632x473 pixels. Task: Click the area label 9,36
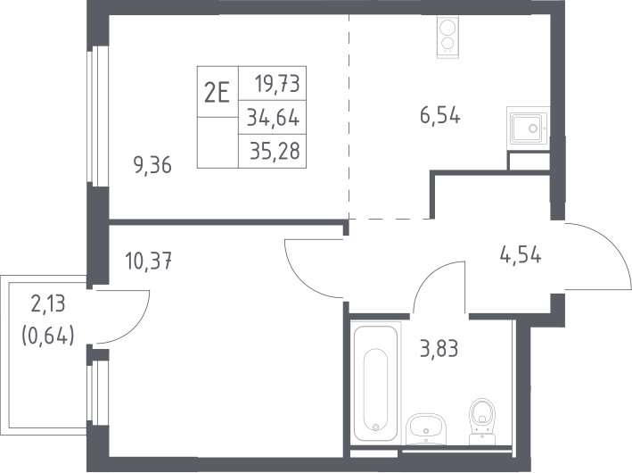pos(152,165)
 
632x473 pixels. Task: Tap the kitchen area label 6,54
pos(440,116)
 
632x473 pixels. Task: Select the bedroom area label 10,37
pos(149,261)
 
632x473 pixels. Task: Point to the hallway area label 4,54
pos(521,255)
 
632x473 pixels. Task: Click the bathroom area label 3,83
pos(439,349)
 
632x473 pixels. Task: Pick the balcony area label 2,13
pos(48,303)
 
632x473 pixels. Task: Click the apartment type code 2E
pos(217,93)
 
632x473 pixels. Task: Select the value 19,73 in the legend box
pos(277,85)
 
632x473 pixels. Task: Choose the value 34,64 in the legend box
pos(274,118)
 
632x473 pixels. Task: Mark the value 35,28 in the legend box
pos(275,152)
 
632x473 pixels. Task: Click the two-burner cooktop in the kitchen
pos(447,37)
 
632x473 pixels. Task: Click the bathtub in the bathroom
pos(375,382)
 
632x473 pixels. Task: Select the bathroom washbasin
pos(425,429)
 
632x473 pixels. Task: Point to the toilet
pos(482,421)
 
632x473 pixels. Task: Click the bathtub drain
pos(375,427)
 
